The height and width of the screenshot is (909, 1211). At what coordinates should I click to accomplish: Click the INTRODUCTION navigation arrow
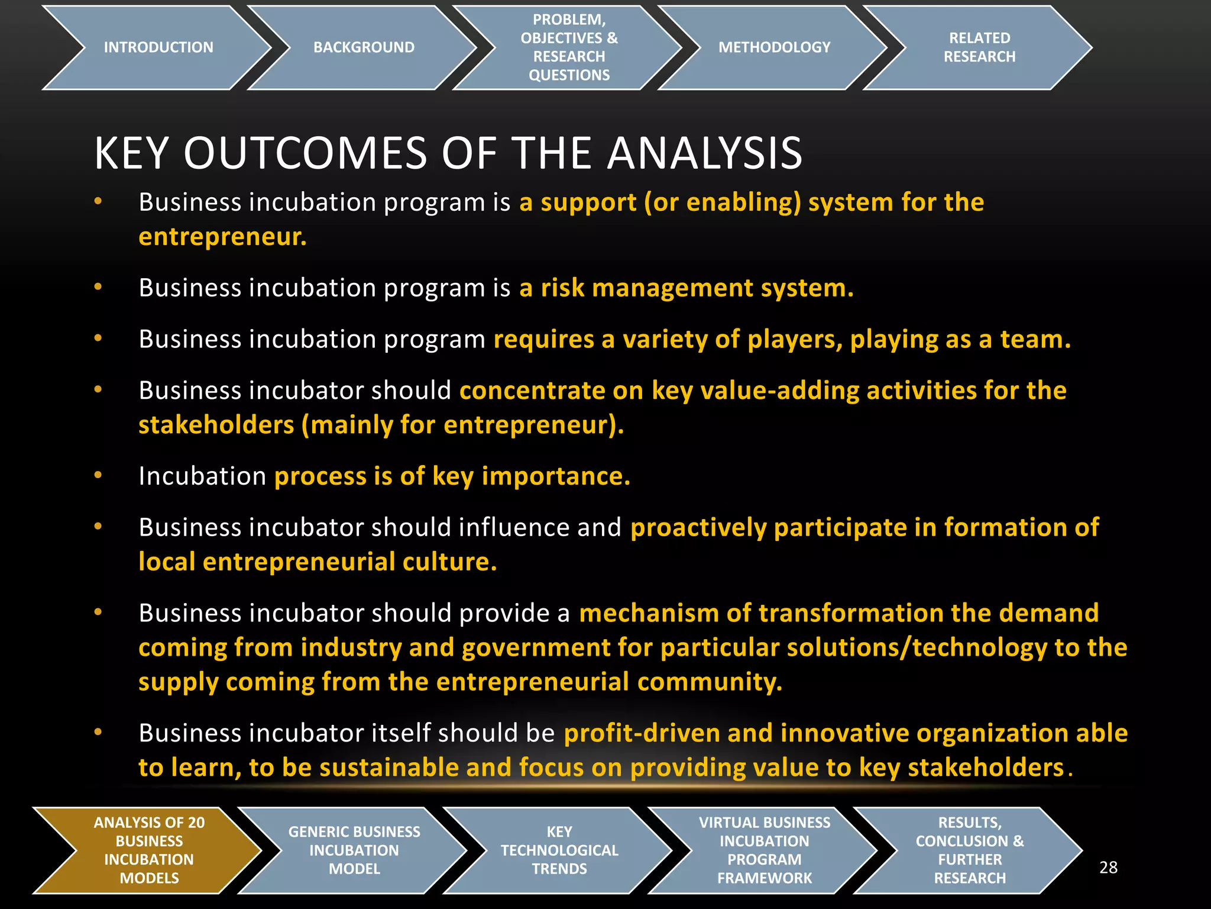[158, 47]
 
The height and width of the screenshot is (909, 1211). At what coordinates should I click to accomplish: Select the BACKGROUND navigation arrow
[364, 47]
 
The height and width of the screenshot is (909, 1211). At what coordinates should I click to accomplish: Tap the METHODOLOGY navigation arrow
[774, 47]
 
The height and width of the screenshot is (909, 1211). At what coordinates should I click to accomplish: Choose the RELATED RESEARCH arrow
[979, 47]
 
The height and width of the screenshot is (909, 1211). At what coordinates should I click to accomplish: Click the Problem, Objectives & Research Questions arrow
[569, 47]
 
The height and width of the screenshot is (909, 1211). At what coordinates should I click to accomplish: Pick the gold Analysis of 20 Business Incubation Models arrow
[149, 850]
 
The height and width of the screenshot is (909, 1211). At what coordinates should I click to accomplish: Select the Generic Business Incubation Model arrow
[354, 850]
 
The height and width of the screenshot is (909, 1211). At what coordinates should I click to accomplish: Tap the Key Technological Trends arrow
[559, 850]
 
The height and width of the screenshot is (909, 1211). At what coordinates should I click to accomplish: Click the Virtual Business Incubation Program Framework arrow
[764, 850]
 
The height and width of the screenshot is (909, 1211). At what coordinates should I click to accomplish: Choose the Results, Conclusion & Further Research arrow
[970, 850]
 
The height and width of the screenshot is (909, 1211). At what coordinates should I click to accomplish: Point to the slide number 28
[1108, 868]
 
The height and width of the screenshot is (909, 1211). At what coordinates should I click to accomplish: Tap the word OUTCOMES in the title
[305, 153]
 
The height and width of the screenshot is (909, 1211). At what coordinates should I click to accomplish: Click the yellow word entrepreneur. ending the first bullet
[222, 237]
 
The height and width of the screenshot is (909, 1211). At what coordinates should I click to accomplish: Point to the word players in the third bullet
[795, 340]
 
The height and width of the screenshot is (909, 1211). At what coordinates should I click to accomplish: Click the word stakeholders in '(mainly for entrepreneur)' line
[216, 426]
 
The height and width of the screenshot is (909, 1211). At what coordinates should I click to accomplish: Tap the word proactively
[698, 528]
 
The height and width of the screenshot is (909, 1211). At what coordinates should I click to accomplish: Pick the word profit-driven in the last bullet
[642, 733]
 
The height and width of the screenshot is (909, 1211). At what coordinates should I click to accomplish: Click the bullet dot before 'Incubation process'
[98, 475]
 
